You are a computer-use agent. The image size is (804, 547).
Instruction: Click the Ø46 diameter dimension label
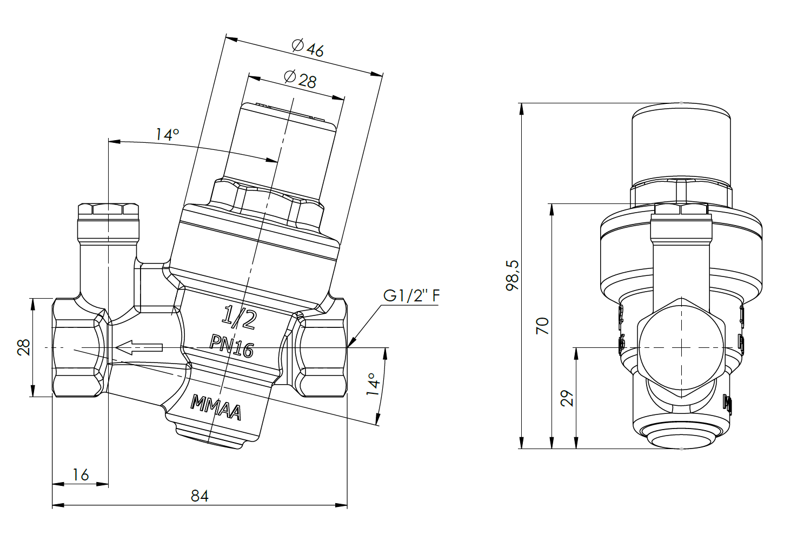(308, 48)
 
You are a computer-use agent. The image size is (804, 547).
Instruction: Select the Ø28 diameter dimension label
(300, 79)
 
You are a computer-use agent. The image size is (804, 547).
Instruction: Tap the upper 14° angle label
(167, 134)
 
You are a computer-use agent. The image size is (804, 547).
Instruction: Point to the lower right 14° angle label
(374, 385)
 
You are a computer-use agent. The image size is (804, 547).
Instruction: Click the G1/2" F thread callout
(411, 296)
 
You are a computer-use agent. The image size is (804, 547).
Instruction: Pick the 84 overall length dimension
(200, 496)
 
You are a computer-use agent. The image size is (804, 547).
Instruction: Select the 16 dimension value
(81, 475)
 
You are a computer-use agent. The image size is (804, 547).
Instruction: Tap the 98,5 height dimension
(512, 275)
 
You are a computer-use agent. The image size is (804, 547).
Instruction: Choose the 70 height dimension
(542, 326)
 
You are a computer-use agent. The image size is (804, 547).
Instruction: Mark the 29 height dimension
(567, 399)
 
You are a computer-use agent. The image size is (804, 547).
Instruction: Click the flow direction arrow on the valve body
(139, 348)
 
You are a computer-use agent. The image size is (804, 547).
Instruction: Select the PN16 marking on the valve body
(231, 346)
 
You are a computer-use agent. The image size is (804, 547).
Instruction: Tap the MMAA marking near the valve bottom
(215, 409)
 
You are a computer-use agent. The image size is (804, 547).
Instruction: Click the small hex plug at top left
(108, 210)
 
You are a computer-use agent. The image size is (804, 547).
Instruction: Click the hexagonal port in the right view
(681, 347)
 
